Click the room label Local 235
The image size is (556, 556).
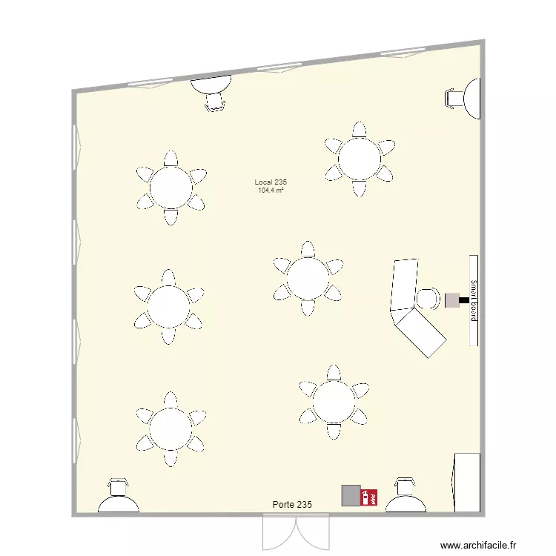271,182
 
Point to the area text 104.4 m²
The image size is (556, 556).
271,191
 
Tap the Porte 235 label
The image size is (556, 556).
292,504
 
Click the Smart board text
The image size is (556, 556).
473,299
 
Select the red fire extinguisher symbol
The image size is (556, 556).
368,496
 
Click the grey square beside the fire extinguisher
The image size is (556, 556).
350,496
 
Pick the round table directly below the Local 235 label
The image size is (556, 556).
308,278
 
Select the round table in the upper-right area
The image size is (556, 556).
360,158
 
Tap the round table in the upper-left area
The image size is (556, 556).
171,188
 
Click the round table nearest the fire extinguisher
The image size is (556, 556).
333,403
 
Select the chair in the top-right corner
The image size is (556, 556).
454,97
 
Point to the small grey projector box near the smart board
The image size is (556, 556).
452,299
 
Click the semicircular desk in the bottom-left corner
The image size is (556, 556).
119,504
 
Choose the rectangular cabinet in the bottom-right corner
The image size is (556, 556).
466,482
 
